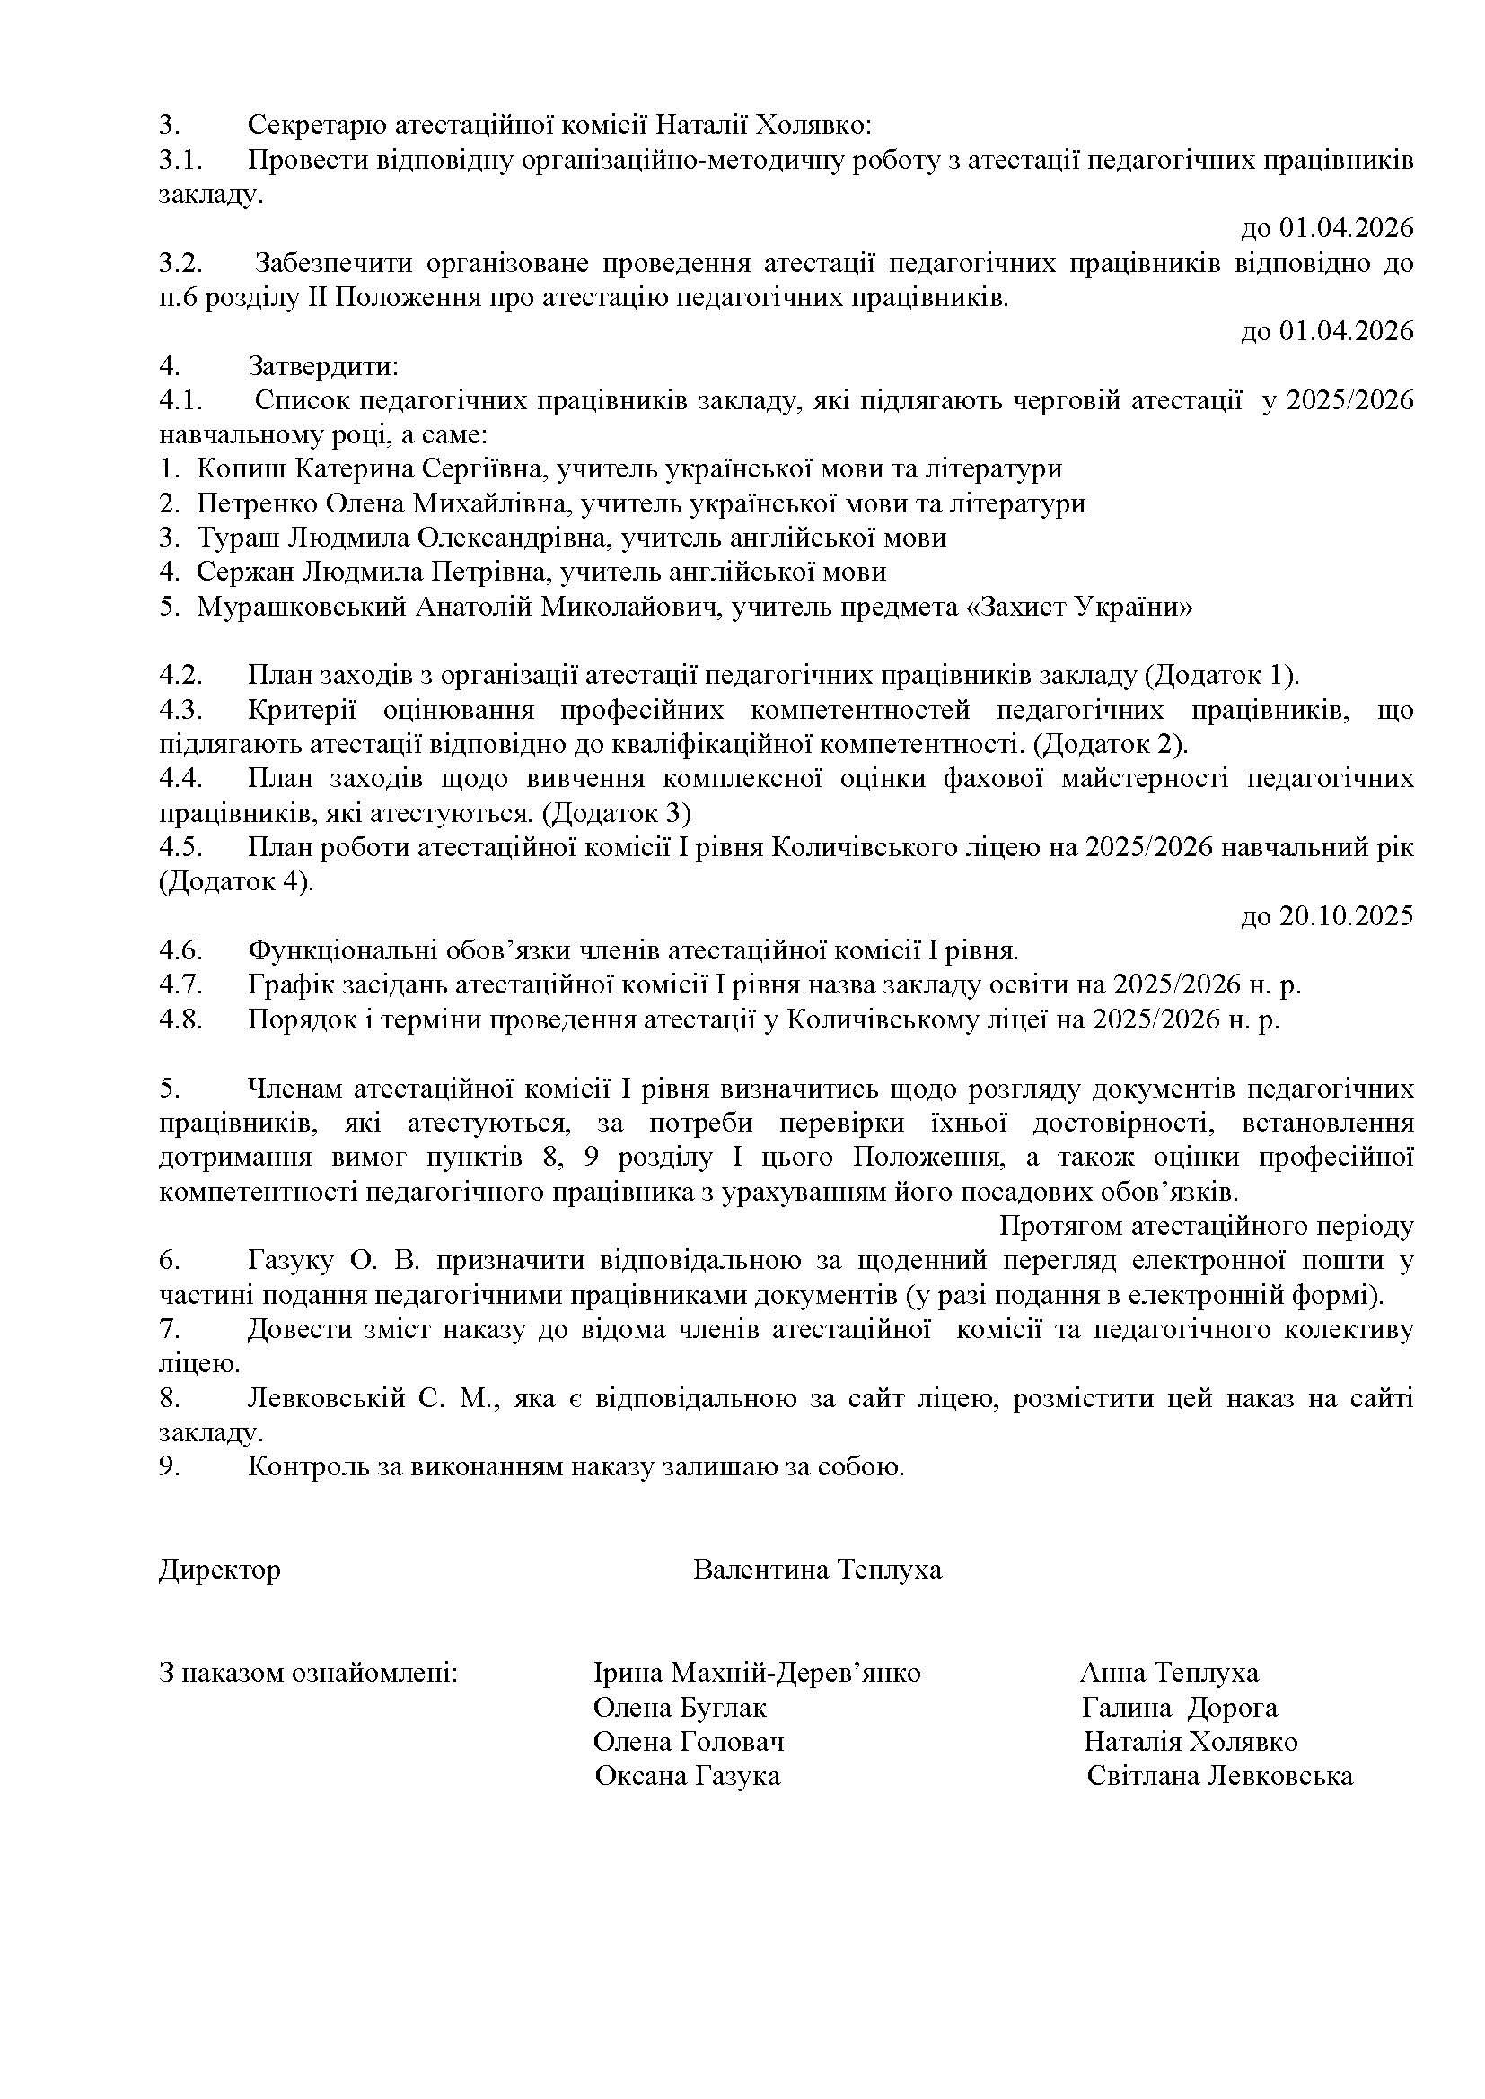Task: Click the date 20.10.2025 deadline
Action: [x=1327, y=916]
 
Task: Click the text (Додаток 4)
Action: [x=236, y=882]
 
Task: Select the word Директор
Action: [x=219, y=1570]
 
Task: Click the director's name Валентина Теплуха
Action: [x=816, y=1570]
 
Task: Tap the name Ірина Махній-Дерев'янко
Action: [x=756, y=1673]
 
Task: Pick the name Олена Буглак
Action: [x=680, y=1708]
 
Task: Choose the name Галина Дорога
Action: [x=1179, y=1708]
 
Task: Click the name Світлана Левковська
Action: [x=1220, y=1776]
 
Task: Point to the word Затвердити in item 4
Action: [x=323, y=367]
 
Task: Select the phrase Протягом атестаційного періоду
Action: [x=1206, y=1226]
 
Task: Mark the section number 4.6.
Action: [x=180, y=950]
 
